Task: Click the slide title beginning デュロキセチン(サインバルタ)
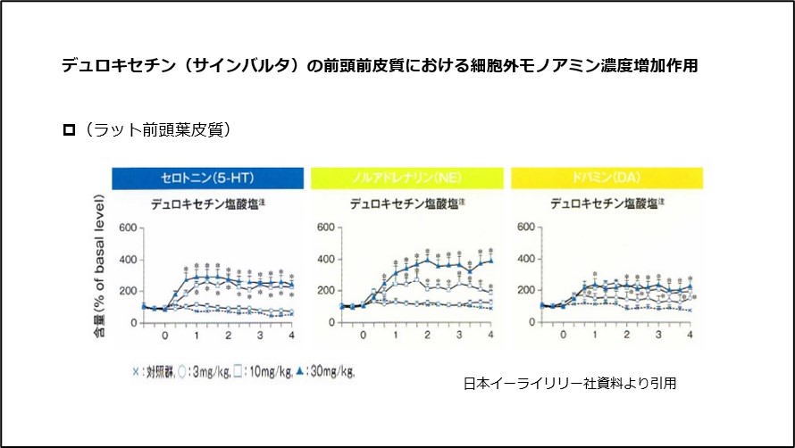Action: [380, 66]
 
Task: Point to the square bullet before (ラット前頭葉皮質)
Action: [68, 130]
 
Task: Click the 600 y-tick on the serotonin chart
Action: [127, 228]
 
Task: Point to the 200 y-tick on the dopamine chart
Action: [525, 291]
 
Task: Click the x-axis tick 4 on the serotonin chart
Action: [292, 335]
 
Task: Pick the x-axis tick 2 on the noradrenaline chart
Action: [427, 335]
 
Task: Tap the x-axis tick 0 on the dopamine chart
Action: [563, 335]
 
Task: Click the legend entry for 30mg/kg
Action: [325, 370]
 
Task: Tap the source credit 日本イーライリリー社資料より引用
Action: [569, 384]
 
